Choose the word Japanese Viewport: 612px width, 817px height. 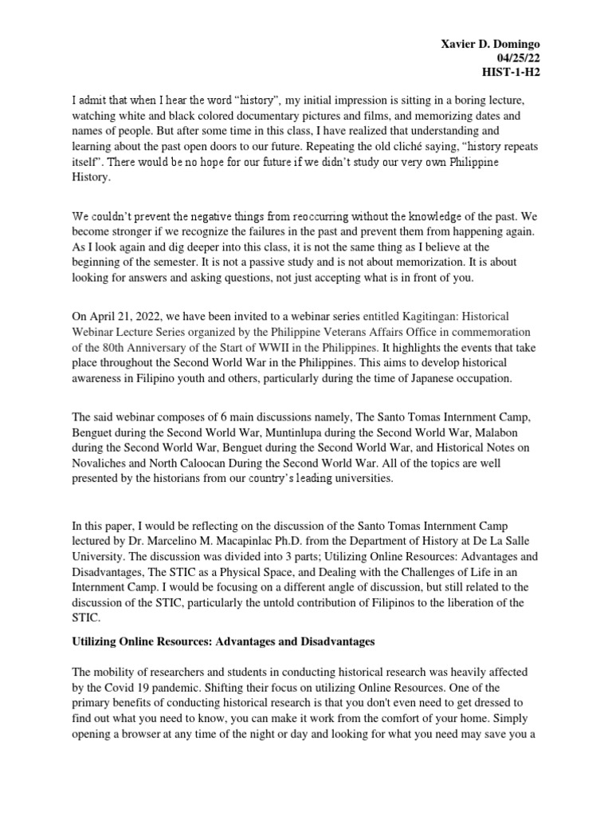click(442, 378)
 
